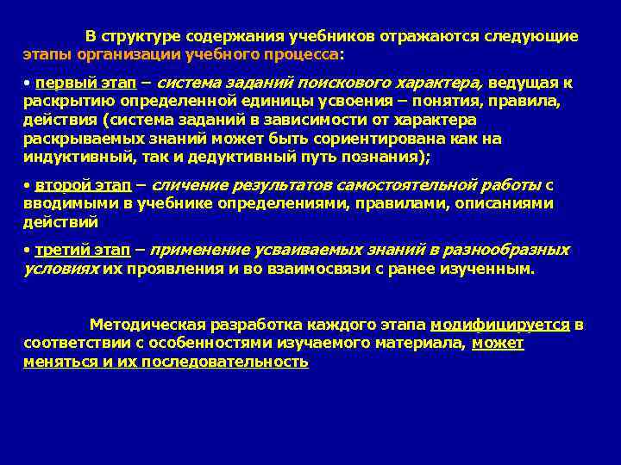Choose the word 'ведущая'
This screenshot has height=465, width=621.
(x=526, y=84)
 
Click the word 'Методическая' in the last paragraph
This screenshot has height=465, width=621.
(x=147, y=325)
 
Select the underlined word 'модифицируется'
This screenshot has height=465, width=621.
(x=500, y=325)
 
